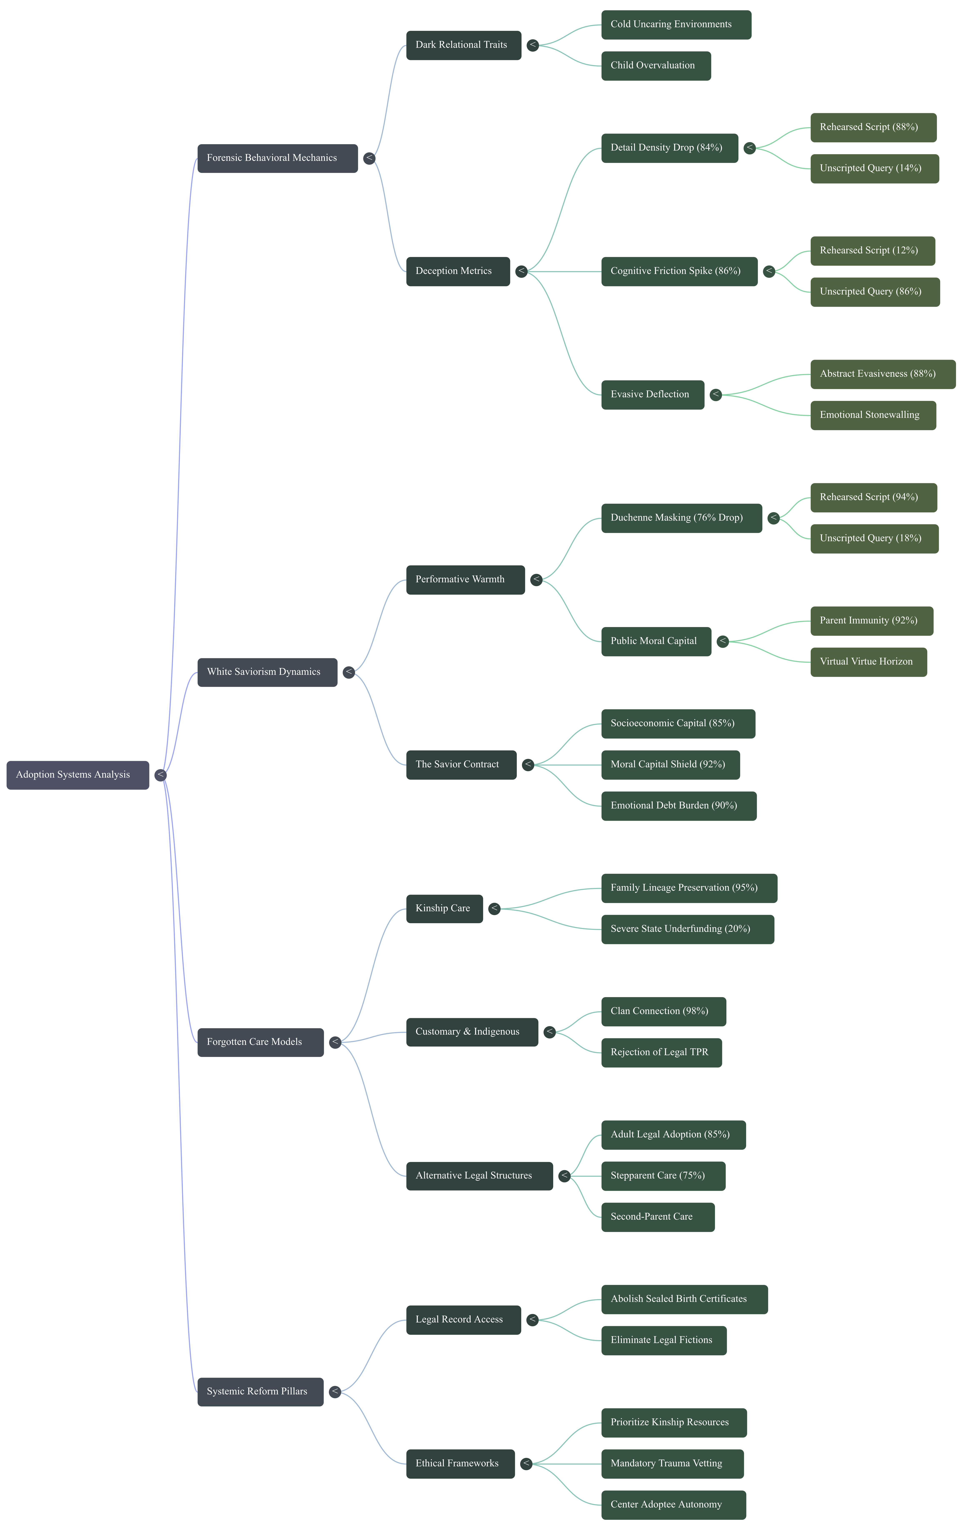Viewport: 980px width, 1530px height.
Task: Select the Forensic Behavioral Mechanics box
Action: [277, 158]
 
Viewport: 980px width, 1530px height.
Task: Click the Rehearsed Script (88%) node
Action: [873, 127]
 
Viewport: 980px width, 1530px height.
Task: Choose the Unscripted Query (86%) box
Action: [875, 292]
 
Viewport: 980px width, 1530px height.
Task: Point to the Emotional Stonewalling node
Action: [873, 415]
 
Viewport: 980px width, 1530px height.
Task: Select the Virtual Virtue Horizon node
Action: [869, 662]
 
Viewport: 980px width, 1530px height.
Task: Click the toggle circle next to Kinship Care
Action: [494, 909]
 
